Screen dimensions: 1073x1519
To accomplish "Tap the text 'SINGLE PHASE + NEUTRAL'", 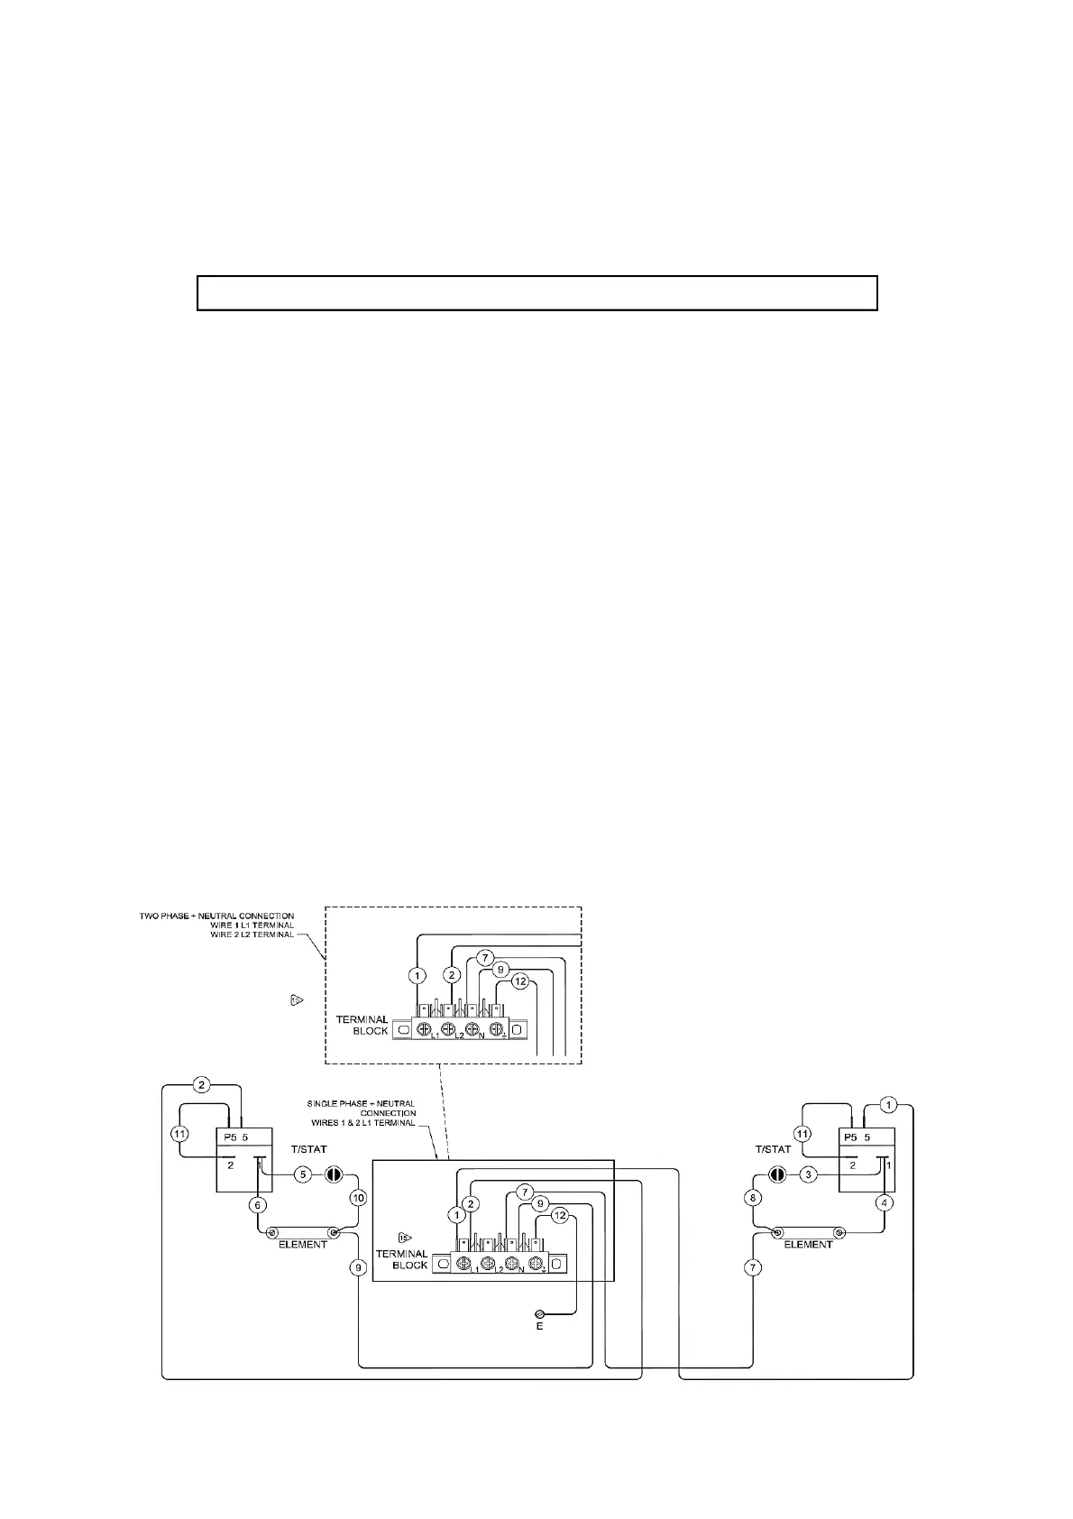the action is [x=361, y=1103].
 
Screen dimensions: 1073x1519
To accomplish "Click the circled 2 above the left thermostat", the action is [x=203, y=1083].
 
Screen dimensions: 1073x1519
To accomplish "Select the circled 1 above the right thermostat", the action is [x=888, y=1104].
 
